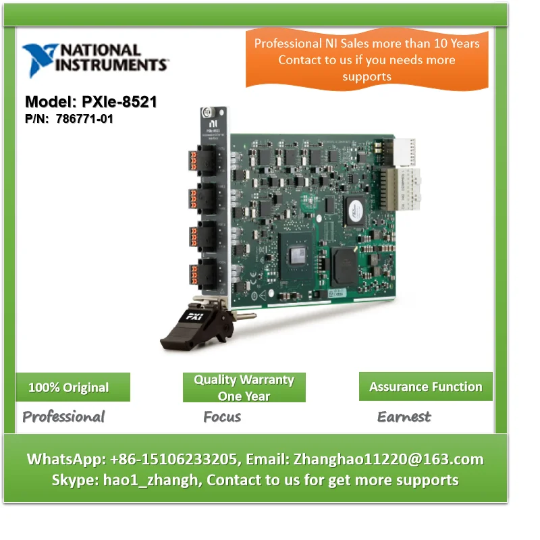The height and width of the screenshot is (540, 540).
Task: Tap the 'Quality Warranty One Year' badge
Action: click(244, 387)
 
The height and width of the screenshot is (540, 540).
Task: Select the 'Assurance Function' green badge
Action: click(425, 387)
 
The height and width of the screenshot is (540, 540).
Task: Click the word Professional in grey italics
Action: click(63, 416)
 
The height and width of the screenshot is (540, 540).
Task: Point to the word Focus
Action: click(222, 416)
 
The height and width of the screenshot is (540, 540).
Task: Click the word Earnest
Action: click(404, 416)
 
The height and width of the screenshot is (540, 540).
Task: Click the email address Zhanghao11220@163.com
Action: click(387, 460)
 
